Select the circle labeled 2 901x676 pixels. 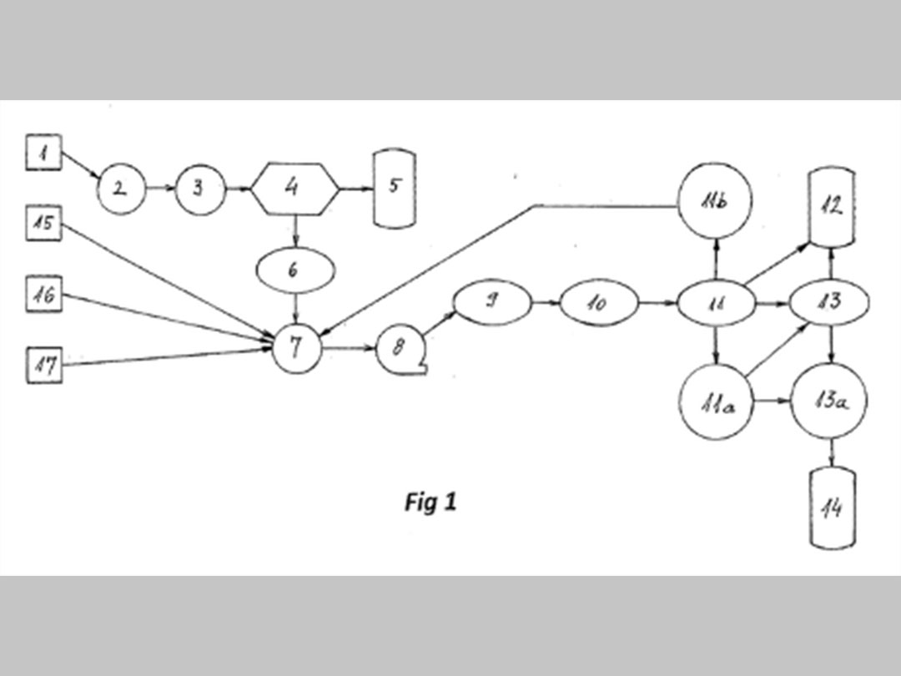(121, 189)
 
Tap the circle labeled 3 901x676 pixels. (199, 189)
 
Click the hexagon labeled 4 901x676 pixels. (294, 188)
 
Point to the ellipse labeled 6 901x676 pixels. (297, 270)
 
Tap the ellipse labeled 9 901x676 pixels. (492, 302)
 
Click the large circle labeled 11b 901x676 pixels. (717, 201)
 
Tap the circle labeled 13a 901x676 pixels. (828, 402)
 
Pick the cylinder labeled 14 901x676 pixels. (833, 507)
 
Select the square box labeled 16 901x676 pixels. (43, 295)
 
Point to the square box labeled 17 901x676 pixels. (43, 365)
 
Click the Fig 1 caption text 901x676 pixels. (430, 502)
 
